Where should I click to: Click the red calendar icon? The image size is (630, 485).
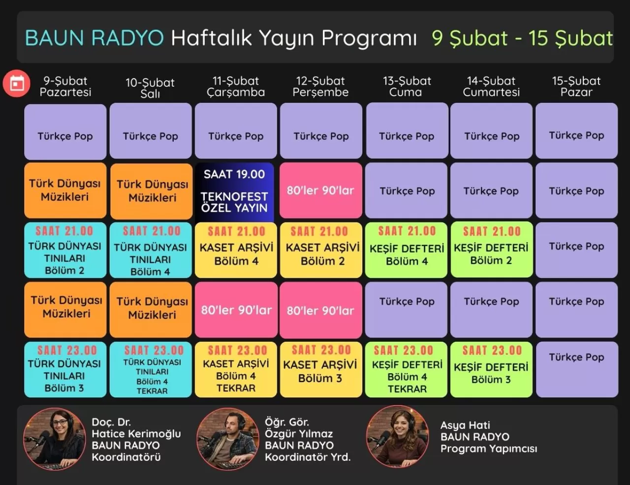pos(17,83)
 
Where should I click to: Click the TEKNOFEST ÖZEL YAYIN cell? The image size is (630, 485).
pos(235,191)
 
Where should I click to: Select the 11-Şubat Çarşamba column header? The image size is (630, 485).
pos(236,87)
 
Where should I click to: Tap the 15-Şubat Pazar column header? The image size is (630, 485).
pos(576,87)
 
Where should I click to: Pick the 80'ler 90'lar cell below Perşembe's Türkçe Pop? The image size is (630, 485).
pos(321,191)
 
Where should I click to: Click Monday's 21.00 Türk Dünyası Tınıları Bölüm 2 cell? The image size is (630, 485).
pos(65,251)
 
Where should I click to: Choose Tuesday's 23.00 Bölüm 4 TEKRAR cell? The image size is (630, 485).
pos(151,369)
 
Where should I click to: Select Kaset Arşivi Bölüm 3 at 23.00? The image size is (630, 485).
pos(321,369)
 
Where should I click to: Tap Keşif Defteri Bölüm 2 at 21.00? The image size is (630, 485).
pos(491,251)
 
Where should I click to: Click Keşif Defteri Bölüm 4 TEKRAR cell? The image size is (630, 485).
pos(407,369)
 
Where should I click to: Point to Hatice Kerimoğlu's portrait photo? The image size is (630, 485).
pos(54,438)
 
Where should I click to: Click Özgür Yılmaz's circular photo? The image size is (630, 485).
pos(227,438)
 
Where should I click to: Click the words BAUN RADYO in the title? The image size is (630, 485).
pos(94,38)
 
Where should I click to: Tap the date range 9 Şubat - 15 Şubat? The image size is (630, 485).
pos(522,38)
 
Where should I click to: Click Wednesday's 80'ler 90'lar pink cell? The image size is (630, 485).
pos(236,310)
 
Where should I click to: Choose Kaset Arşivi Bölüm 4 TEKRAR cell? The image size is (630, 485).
pos(236,369)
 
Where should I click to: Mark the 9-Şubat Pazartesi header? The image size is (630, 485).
pos(65,87)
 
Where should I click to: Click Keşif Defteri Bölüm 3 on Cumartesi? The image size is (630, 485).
pos(491,369)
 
